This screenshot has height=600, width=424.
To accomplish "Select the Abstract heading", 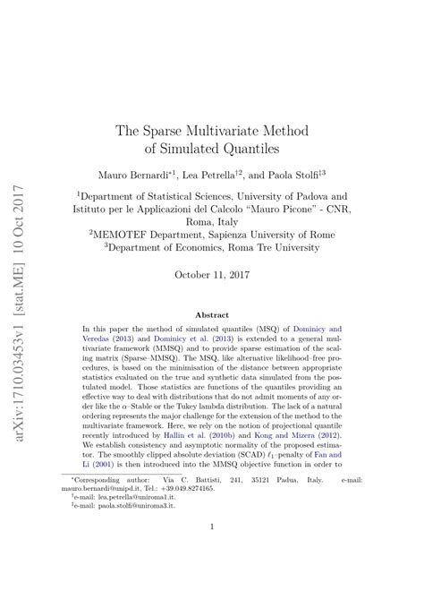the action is [x=211, y=314].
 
